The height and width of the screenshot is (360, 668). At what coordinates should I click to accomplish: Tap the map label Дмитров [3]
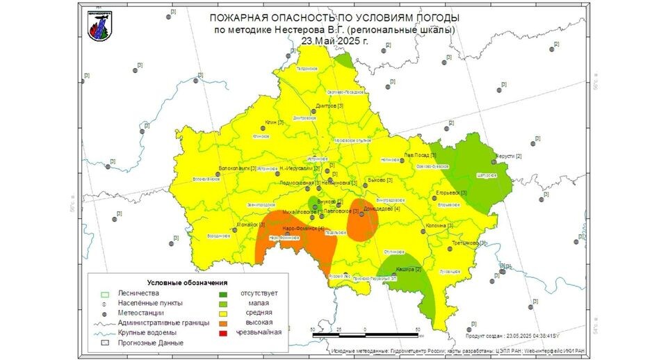pyautogui.click(x=329, y=106)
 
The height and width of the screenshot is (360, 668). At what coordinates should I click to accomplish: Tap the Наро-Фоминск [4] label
pyautogui.click(x=303, y=229)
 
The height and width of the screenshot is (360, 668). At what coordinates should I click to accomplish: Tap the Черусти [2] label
pyautogui.click(x=507, y=156)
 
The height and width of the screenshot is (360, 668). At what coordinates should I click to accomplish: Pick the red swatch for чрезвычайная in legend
pyautogui.click(x=222, y=333)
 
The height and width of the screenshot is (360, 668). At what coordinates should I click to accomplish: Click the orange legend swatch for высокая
pyautogui.click(x=222, y=323)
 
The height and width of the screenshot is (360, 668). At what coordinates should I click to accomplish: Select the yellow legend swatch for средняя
pyautogui.click(x=222, y=313)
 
